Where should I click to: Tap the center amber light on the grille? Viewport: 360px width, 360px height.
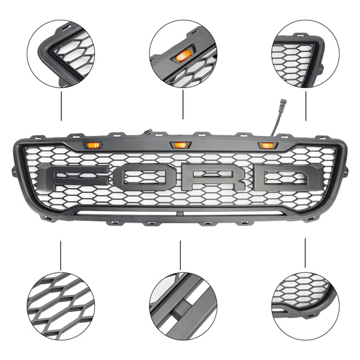tap(180, 145)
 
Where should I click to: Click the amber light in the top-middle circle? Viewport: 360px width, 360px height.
tap(182, 57)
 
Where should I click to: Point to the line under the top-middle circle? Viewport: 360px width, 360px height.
tap(183, 104)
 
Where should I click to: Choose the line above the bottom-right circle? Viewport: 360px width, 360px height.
tap(305, 253)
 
